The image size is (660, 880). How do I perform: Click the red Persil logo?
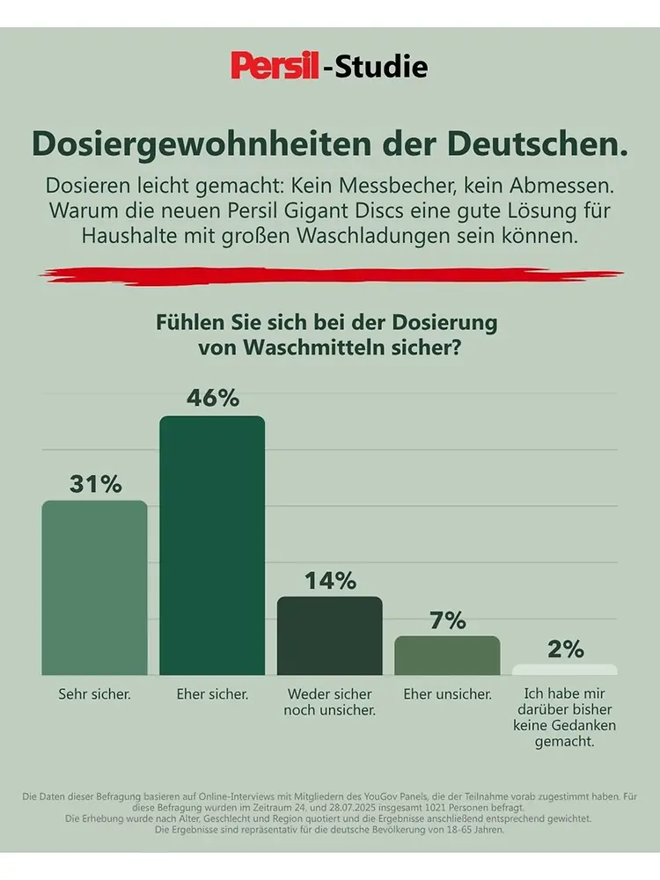[275, 66]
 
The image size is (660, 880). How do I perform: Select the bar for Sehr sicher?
[94, 587]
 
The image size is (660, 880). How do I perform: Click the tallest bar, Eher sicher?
[211, 546]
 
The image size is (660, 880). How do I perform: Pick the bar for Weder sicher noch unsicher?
[330, 635]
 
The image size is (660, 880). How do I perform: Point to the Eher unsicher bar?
[447, 656]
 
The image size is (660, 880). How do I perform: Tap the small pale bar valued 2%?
[565, 670]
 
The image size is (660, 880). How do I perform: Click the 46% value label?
[212, 398]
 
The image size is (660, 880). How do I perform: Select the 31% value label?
[95, 483]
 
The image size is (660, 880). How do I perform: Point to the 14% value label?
[330, 581]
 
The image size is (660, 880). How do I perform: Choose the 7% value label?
[447, 620]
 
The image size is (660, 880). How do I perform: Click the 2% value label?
[565, 649]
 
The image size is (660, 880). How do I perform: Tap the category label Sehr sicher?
[94, 694]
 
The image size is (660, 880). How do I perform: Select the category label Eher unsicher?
[447, 694]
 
